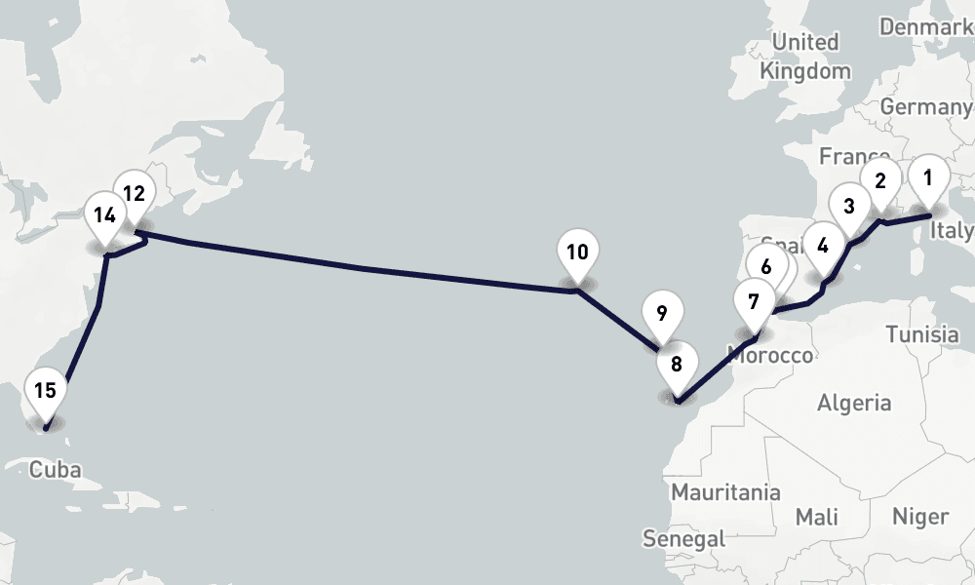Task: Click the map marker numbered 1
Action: pos(928,178)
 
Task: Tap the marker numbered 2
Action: pos(880,181)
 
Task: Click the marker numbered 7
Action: pos(754,301)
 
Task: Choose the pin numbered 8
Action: pos(677,366)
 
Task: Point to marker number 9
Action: pos(662,315)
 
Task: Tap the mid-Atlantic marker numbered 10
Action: pos(577,253)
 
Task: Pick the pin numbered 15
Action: pos(45,392)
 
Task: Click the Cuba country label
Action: pos(56,470)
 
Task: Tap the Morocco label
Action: pos(770,355)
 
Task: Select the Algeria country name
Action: pos(854,402)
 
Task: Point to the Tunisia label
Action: pos(922,334)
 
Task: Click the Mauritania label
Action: pos(725,491)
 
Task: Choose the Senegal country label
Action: pos(683,537)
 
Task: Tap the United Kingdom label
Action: pos(805,57)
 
